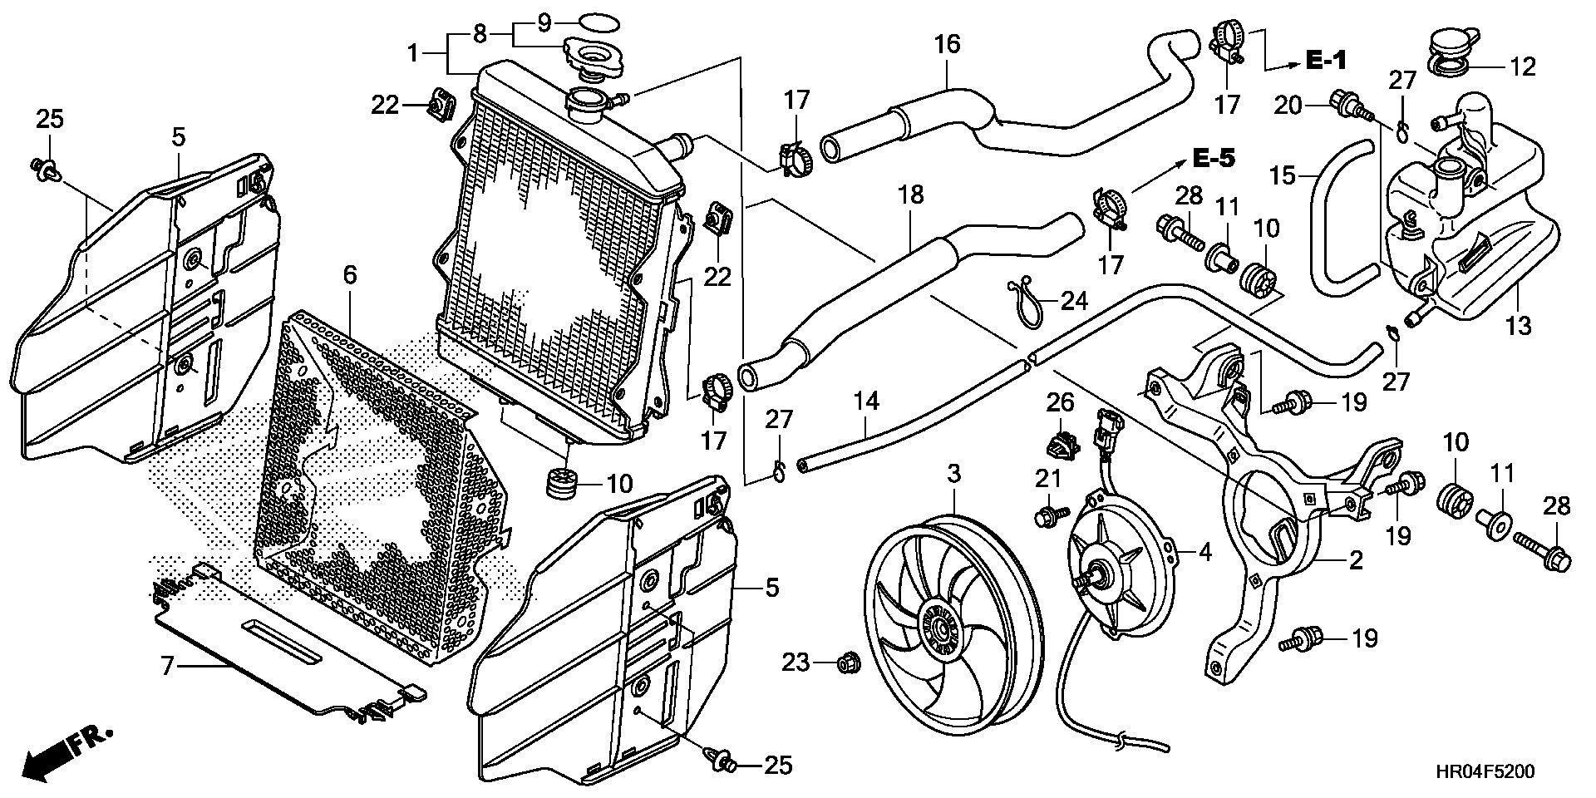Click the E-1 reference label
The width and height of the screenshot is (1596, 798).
pyautogui.click(x=1325, y=61)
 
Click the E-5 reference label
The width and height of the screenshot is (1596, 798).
pyautogui.click(x=1215, y=159)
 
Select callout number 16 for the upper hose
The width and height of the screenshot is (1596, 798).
pyautogui.click(x=947, y=43)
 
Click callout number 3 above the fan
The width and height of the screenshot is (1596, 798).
pyautogui.click(x=953, y=475)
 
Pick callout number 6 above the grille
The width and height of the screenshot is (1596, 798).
pyautogui.click(x=350, y=274)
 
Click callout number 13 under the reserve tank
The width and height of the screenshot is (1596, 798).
pyautogui.click(x=1518, y=326)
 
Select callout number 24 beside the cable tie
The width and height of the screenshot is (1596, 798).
pyautogui.click(x=1073, y=300)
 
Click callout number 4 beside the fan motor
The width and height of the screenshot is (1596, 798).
pyautogui.click(x=1205, y=551)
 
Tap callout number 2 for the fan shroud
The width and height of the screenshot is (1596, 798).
pyautogui.click(x=1355, y=561)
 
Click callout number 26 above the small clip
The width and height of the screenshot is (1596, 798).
pyautogui.click(x=1060, y=403)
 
